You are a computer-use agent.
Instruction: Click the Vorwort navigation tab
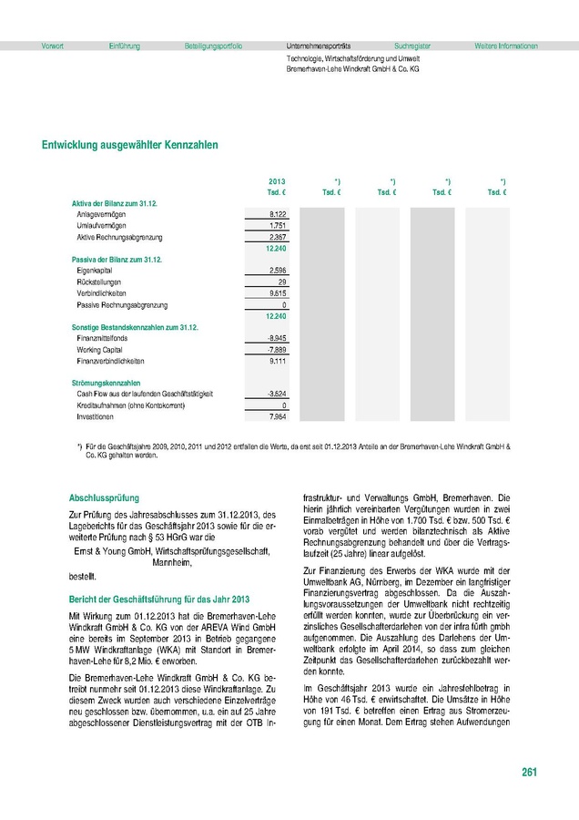(x=40, y=46)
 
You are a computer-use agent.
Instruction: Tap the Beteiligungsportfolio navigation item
(x=213, y=46)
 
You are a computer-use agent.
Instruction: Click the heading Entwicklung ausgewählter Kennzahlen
(x=129, y=145)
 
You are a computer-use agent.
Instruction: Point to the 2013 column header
(x=278, y=183)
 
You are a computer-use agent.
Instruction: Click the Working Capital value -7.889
(x=276, y=350)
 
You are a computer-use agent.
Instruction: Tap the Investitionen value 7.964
(x=279, y=416)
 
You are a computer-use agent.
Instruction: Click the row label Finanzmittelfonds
(x=104, y=338)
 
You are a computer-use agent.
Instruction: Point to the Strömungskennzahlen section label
(x=107, y=383)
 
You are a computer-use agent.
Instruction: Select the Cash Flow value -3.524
(x=276, y=394)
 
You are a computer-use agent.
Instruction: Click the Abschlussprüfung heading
(x=104, y=498)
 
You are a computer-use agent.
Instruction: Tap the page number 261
(x=529, y=773)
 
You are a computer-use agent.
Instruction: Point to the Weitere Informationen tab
(x=505, y=46)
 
